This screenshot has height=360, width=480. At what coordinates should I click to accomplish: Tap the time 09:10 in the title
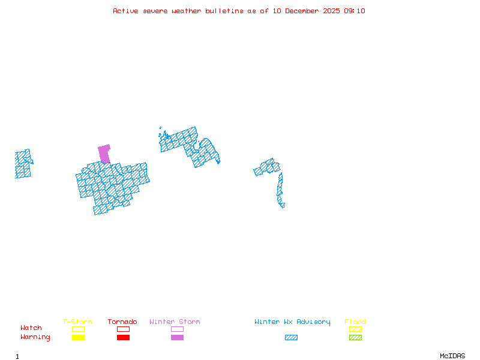click(355, 11)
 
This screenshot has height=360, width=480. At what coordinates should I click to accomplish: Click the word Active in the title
click(126, 11)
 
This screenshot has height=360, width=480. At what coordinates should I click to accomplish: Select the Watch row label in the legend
click(31, 328)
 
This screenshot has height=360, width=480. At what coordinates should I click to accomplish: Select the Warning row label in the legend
click(35, 337)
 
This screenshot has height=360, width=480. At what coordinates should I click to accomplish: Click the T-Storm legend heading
click(77, 322)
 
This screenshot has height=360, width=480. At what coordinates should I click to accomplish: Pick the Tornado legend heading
click(122, 322)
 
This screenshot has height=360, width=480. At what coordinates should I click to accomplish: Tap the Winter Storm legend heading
click(175, 322)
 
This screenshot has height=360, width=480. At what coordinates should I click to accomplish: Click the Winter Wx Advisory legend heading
click(292, 322)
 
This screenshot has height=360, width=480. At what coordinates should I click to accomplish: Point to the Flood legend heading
click(355, 322)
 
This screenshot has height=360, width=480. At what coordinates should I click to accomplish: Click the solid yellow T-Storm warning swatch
click(78, 337)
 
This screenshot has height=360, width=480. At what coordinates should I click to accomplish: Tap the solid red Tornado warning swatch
click(123, 337)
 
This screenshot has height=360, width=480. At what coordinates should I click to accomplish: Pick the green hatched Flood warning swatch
click(355, 337)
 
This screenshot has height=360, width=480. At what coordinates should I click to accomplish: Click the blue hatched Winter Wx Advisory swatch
click(291, 337)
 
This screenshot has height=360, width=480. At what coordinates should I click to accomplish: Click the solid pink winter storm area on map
click(104, 152)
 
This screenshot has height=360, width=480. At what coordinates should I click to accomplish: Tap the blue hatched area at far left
click(23, 163)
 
